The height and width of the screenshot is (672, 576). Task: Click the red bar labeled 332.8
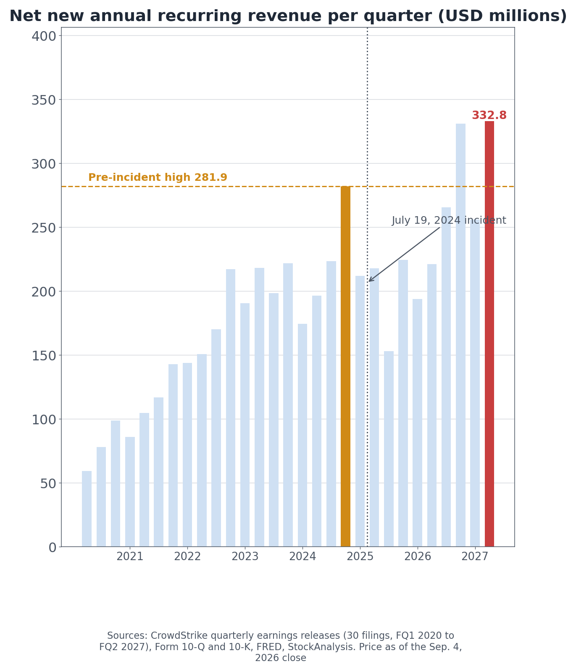tap(489, 334)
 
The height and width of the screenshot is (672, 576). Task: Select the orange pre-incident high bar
tap(345, 366)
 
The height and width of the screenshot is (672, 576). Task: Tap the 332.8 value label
tap(489, 116)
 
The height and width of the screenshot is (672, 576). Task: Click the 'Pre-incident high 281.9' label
tap(158, 177)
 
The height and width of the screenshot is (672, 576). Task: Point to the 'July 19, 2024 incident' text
tap(449, 221)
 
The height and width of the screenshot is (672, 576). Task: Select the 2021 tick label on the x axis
tap(130, 557)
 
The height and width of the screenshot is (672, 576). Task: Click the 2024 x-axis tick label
tap(302, 557)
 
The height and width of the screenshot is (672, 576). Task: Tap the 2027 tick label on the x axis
tap(475, 557)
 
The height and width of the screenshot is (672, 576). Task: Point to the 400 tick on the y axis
tap(44, 36)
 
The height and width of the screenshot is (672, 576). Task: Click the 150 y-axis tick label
tap(44, 355)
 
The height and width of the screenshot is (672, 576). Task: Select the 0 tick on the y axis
tap(52, 547)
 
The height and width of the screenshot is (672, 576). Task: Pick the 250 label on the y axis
tap(44, 228)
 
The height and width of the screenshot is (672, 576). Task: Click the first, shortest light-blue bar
tap(87, 509)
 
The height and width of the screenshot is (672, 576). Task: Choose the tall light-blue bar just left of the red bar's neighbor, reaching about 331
tap(460, 335)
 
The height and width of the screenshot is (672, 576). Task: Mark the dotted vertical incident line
tap(367, 287)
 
